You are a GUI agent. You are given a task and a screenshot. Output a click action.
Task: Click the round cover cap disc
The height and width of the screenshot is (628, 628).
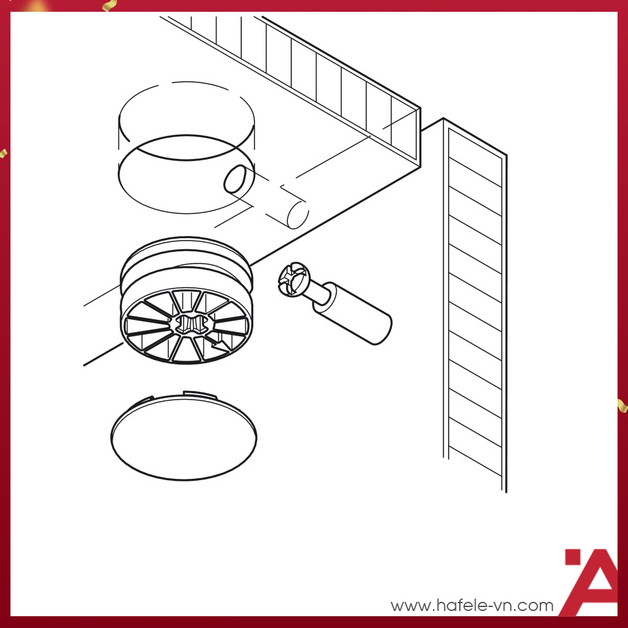pos(183,438)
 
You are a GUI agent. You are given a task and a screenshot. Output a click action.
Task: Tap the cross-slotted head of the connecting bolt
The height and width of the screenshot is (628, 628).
pos(294,279)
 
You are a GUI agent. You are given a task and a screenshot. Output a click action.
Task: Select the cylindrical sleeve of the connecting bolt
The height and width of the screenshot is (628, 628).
pos(352,313)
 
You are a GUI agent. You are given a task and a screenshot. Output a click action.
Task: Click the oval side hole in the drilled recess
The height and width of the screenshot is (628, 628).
pos(235,179)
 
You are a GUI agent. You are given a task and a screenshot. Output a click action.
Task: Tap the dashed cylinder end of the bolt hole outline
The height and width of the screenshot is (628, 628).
pos(298,215)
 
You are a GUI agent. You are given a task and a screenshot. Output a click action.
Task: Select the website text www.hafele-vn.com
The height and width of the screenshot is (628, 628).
pos(472,605)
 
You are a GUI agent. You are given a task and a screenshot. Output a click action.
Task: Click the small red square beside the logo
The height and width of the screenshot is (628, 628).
pos(573,557)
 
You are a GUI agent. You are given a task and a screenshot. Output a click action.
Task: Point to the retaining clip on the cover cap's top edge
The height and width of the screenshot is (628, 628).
pos(200,394)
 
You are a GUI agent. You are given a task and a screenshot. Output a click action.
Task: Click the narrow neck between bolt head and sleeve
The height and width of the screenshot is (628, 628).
pos(319,291)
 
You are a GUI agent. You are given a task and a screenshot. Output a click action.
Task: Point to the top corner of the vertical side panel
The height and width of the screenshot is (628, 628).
pos(444,118)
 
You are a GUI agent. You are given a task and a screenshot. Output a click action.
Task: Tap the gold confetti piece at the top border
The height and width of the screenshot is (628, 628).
pos(109,5)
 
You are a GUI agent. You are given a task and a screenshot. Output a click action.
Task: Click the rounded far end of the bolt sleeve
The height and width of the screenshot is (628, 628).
pos(382,328)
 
